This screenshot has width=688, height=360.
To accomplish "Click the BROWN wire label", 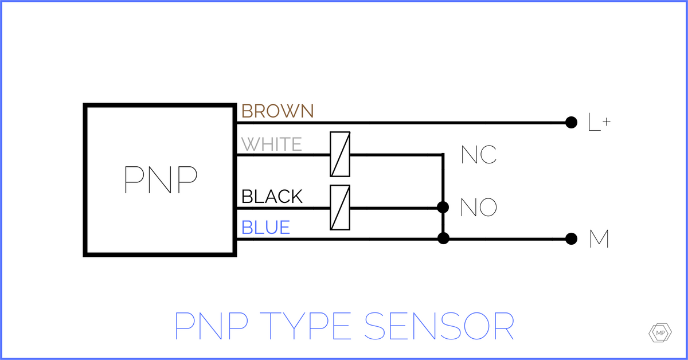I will coord(277,111).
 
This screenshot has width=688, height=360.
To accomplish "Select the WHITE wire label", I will coord(272,144).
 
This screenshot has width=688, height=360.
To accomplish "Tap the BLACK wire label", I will coord(272,197).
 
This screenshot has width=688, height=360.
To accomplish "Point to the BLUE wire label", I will coord(265,228).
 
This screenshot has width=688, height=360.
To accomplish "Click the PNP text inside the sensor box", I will coord(161,180).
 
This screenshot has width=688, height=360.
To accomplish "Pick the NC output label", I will coord(479,155).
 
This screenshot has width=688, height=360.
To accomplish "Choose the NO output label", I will coord(479,208).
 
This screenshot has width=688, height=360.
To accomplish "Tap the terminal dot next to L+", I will coord(570,122).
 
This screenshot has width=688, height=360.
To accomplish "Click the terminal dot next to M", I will coord(570,239).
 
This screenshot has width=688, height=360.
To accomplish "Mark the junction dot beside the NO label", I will coord(443,207).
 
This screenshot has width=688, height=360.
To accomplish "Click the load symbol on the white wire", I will coord(340,154).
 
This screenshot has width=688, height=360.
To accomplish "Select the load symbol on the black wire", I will coord(340,208).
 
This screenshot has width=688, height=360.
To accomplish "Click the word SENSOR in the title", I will coord(439,327).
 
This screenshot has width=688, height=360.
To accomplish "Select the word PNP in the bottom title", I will coord(212,327).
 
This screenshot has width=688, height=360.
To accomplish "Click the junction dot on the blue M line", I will coord(443,238).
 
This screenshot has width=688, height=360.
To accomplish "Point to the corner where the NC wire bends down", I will coord(443,155).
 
